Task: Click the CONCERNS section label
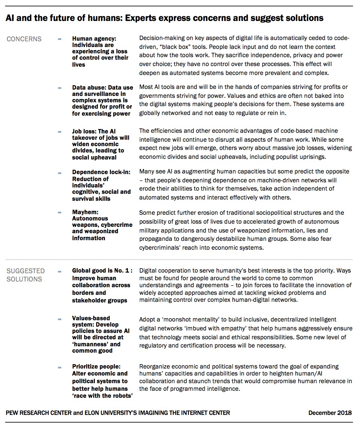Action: click(x=24, y=39)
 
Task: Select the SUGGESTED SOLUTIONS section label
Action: click(x=25, y=275)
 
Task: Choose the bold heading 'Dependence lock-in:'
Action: click(x=101, y=172)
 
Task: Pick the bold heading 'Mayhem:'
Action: click(x=85, y=212)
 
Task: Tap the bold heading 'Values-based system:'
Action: click(x=91, y=322)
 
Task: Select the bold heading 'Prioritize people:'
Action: click(x=96, y=367)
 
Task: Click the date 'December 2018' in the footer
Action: click(x=330, y=413)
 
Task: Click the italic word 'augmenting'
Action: click(x=199, y=172)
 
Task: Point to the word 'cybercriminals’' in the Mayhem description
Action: click(x=160, y=247)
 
